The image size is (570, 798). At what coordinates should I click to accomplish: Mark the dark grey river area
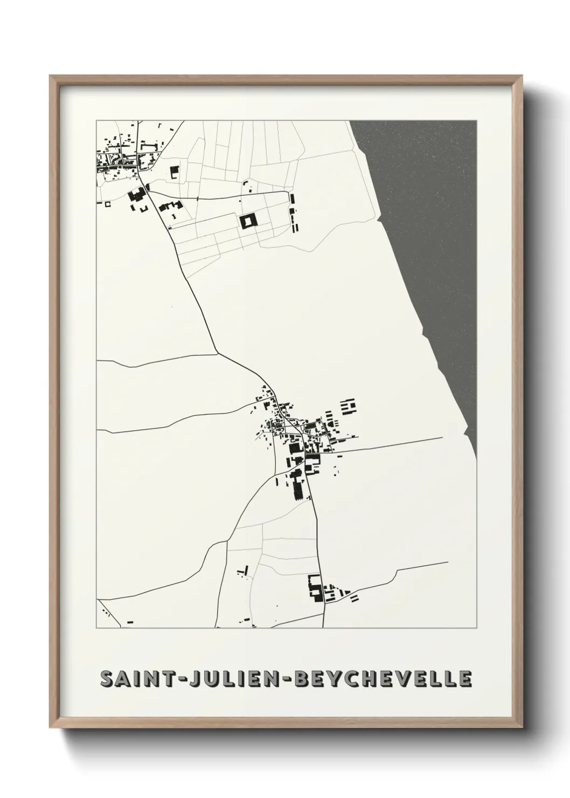click(431, 243)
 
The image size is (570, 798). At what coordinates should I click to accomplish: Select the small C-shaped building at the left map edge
click(107, 204)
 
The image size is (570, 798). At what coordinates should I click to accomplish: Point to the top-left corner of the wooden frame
click(52, 77)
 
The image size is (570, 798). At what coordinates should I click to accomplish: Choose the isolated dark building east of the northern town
click(174, 173)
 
